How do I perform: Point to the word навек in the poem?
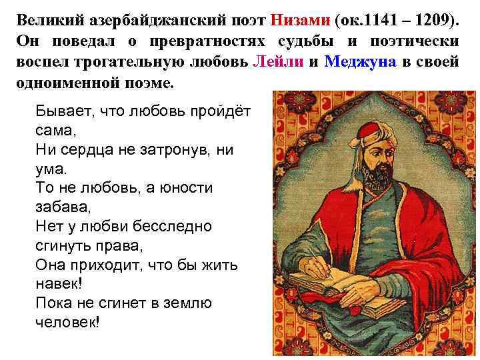point(59,284)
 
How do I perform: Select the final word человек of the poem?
point(67,323)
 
